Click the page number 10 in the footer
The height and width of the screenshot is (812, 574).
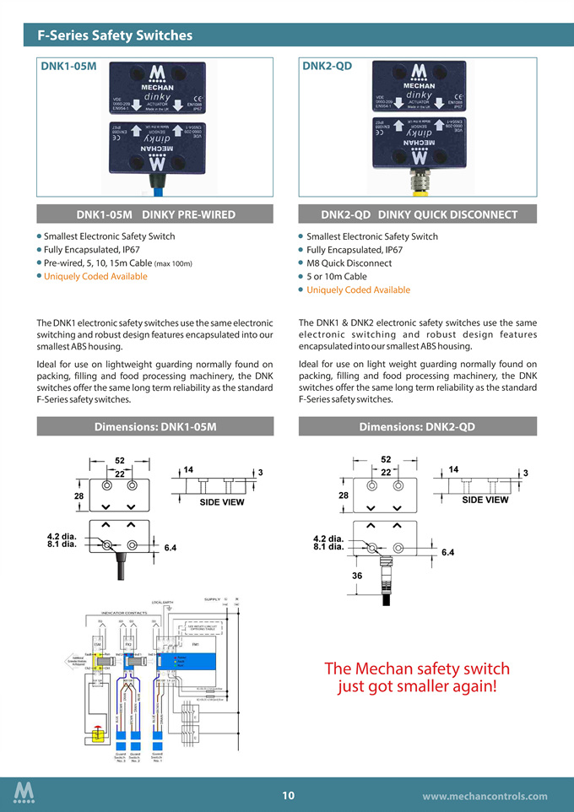click(x=288, y=795)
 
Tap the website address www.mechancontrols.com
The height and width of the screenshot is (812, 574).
click(x=485, y=796)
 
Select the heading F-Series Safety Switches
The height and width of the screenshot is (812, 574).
click(x=115, y=35)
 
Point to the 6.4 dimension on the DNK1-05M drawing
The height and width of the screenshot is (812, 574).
click(x=170, y=548)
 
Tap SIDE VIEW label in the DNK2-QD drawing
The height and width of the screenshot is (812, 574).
click(x=485, y=500)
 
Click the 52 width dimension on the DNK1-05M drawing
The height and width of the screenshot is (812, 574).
click(x=120, y=460)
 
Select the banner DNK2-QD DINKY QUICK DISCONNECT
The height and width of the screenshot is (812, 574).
click(x=419, y=214)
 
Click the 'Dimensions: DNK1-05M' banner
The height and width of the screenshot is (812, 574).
click(x=155, y=427)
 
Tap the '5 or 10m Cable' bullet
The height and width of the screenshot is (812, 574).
click(x=337, y=277)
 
